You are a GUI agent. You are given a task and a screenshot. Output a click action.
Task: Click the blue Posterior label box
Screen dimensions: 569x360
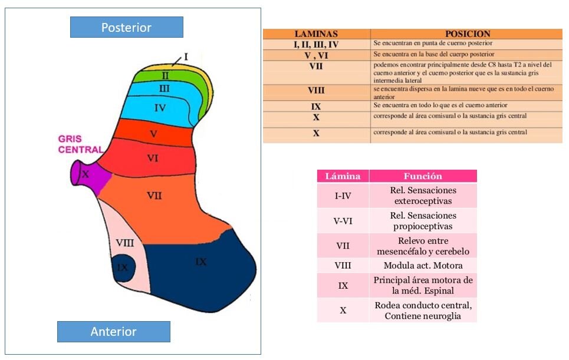coord(127,27)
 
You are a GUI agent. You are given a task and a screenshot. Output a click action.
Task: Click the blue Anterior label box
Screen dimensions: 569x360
coord(114,331)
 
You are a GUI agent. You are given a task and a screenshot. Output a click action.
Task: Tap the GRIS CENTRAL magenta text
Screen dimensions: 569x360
coord(81,144)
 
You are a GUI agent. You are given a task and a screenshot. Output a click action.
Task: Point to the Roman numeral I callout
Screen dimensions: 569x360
coord(186,57)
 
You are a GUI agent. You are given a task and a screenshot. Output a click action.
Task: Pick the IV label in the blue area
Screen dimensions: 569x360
coord(160,108)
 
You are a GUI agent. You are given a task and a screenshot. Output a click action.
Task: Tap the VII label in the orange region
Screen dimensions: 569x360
coord(154,196)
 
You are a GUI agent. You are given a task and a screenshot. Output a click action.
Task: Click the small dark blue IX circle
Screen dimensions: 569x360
coord(123,267)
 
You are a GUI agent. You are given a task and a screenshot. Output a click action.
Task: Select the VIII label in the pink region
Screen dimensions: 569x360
coord(124,243)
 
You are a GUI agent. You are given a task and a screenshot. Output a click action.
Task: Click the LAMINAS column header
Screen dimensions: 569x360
coord(316,34)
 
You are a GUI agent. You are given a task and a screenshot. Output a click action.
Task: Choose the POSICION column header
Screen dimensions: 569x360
coord(468,34)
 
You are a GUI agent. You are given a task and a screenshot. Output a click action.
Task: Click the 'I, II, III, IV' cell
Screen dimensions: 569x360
coord(316,45)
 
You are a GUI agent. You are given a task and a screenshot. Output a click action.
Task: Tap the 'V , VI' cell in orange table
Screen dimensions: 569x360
coord(316,55)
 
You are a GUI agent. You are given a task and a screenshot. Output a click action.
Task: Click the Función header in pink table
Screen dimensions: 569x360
coord(423,176)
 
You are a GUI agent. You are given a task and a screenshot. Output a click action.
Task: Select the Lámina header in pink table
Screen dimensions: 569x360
coord(343,176)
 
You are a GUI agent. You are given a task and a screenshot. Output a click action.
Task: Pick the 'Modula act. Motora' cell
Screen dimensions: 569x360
coord(423,265)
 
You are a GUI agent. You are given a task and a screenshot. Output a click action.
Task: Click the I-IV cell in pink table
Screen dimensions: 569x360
coord(343,196)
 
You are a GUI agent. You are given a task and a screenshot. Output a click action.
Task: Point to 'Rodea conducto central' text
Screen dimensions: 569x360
coord(423,305)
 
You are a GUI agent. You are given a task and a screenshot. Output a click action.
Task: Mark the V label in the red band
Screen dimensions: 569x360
coord(153,134)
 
